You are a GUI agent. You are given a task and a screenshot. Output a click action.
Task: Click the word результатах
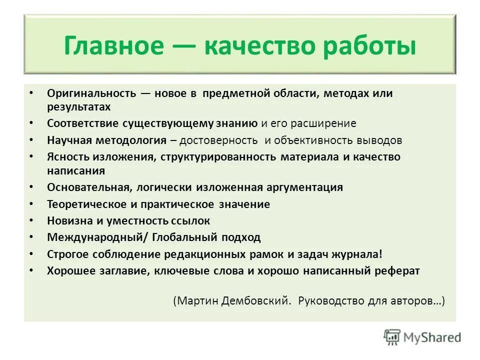click(x=78, y=106)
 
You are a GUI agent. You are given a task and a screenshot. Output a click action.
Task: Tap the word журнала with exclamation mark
click(x=361, y=253)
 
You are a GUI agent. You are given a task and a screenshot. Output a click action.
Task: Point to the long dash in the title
click(x=183, y=46)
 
